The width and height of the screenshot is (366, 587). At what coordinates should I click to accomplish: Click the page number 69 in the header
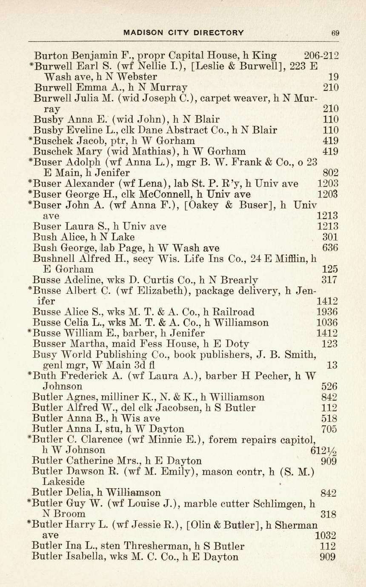(x=335, y=33)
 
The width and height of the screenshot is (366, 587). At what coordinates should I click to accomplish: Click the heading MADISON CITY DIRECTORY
(x=183, y=32)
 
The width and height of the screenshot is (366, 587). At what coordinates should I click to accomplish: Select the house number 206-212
(x=321, y=55)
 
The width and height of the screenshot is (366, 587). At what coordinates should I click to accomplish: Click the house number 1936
(x=327, y=312)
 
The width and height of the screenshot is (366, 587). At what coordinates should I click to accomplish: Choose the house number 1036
(x=327, y=323)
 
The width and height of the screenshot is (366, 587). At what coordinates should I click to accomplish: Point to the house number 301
(x=330, y=237)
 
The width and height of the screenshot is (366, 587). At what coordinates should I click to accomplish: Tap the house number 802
(x=330, y=172)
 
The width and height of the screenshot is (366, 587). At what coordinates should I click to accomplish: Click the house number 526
(x=329, y=387)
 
